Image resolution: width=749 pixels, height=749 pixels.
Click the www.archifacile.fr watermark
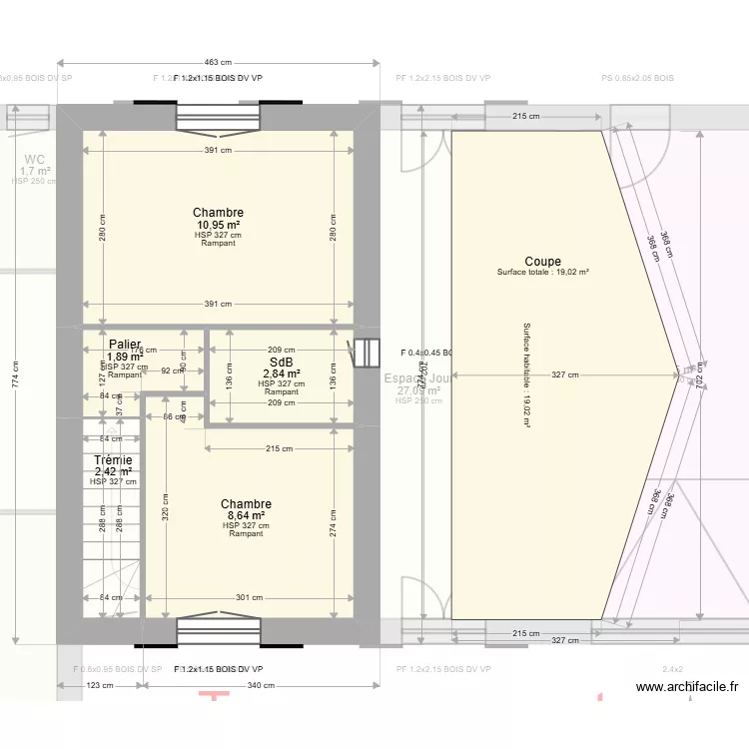tap(686, 686)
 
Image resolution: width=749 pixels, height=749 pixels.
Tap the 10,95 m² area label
tap(218, 225)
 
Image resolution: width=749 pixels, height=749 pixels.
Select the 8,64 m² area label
tap(246, 516)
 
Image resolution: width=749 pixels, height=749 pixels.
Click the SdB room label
tap(281, 363)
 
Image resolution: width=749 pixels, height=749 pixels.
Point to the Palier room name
tap(125, 345)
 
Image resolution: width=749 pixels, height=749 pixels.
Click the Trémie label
tap(113, 460)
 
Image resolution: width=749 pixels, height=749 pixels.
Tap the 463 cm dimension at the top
tap(219, 62)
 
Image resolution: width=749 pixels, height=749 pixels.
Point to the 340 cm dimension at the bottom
tap(261, 685)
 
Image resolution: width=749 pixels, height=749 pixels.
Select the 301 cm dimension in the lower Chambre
tap(249, 598)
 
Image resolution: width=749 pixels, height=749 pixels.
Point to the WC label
tap(35, 159)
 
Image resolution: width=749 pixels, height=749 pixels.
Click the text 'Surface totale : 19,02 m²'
tap(542, 273)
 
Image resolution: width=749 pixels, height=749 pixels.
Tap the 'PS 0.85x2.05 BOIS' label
tap(637, 78)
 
